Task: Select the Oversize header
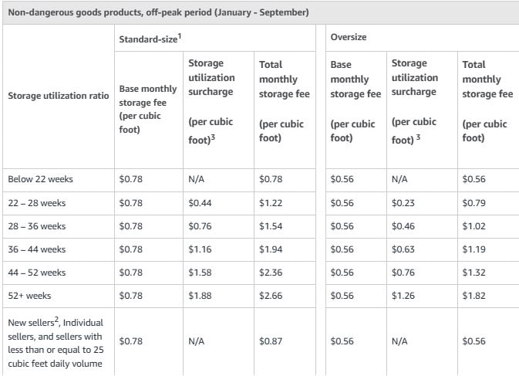348,37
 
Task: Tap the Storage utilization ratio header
58,96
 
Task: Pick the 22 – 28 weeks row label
37,202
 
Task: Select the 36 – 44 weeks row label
37,249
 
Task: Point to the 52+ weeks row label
30,295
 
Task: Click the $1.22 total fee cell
271,202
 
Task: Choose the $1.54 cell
271,225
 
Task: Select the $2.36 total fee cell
271,272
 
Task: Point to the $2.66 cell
271,295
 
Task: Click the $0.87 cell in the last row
271,340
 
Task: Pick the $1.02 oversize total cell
474,225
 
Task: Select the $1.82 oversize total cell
474,295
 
